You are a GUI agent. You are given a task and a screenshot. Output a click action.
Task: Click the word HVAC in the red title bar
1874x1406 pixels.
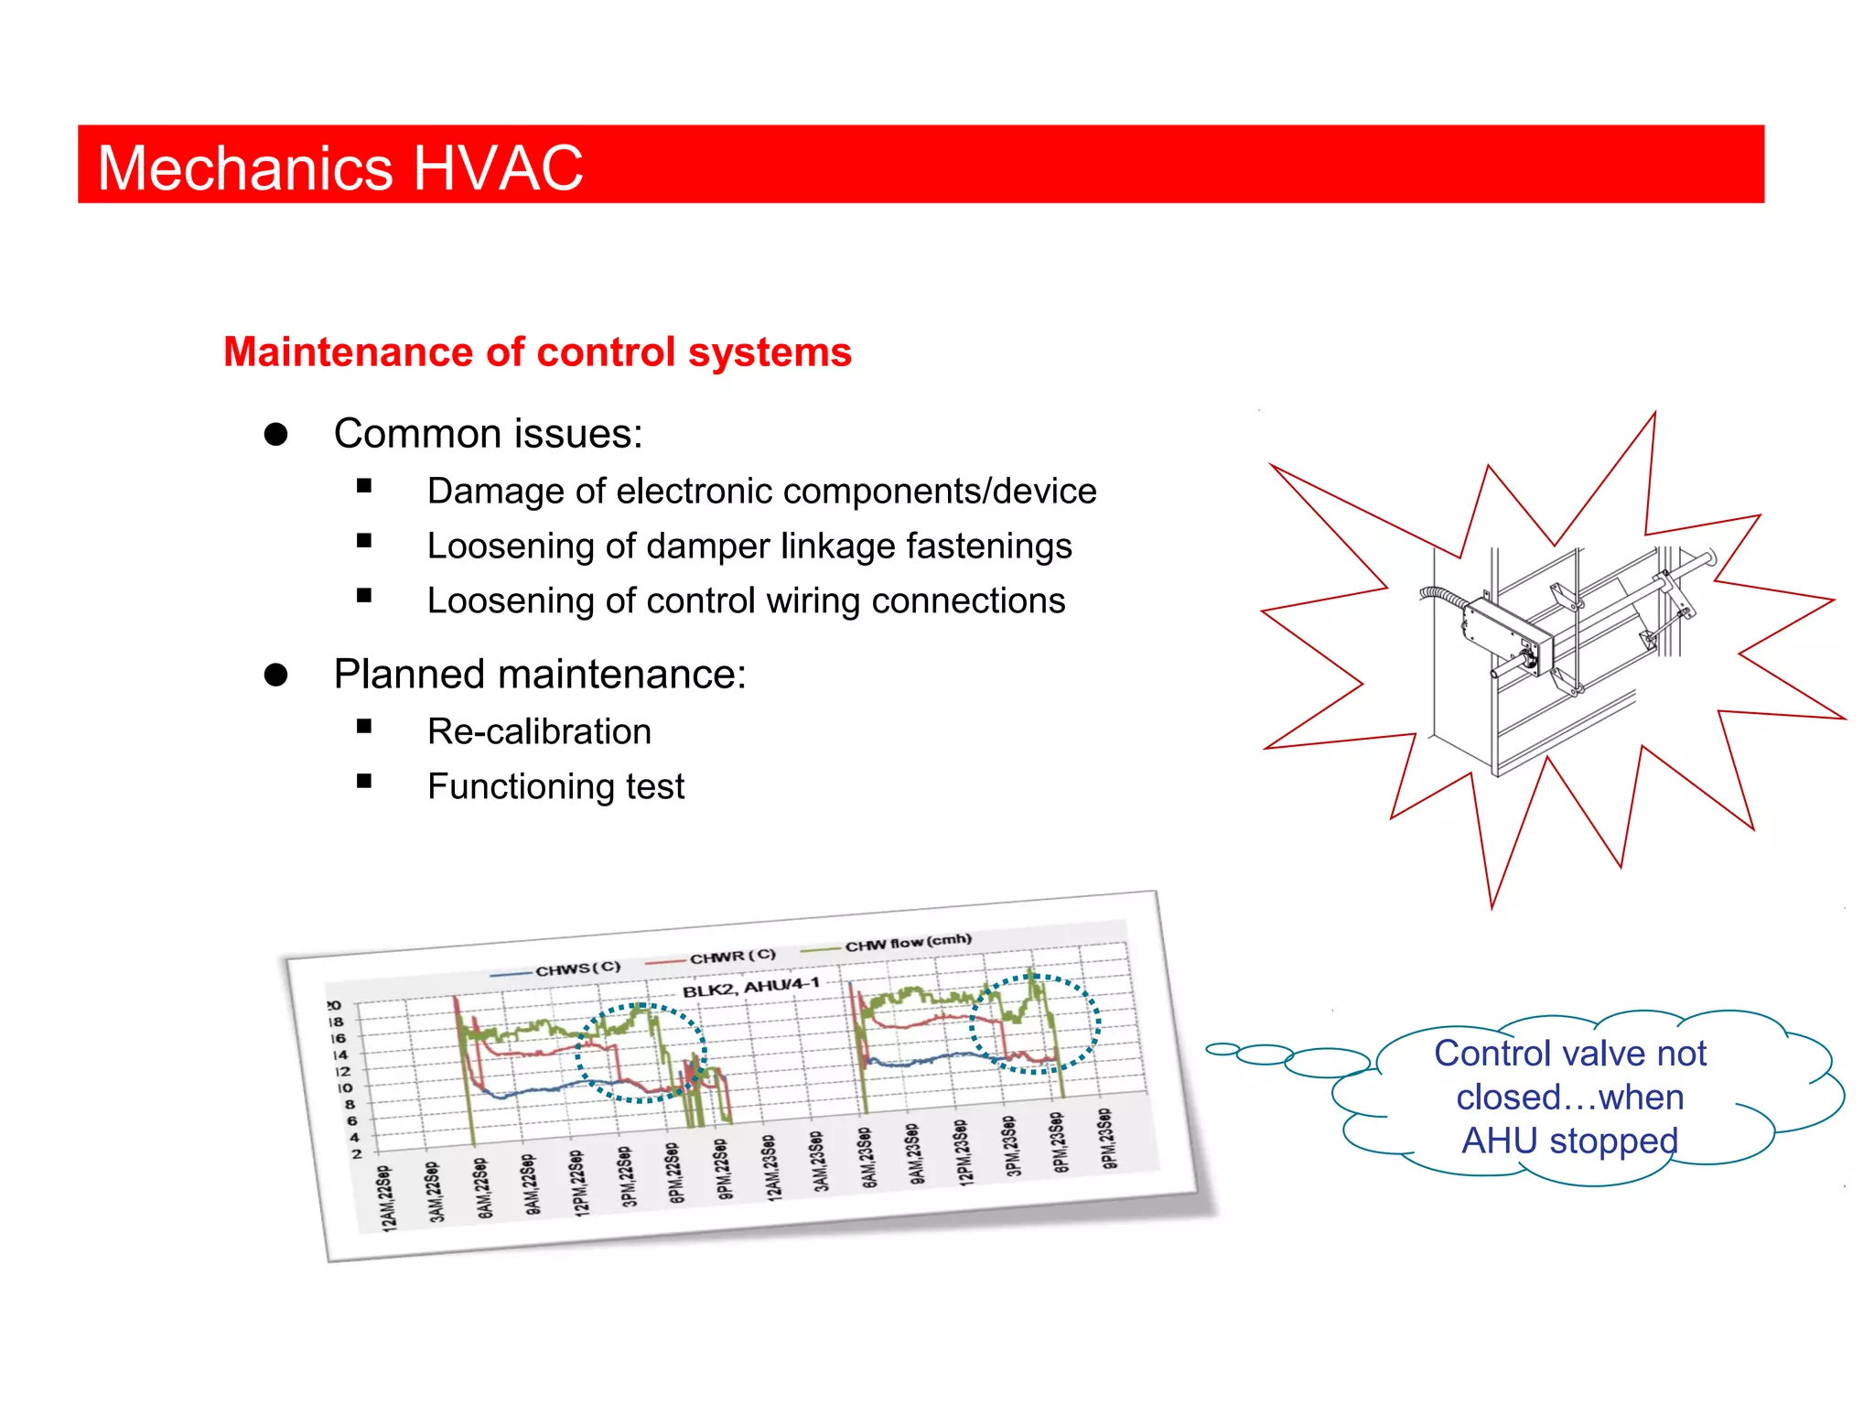[498, 168]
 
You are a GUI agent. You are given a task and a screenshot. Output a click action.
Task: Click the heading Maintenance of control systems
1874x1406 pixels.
[537, 352]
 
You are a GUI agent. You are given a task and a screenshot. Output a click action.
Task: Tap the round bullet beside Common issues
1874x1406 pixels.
[275, 434]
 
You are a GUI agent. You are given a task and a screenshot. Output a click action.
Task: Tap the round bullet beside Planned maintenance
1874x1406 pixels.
[275, 675]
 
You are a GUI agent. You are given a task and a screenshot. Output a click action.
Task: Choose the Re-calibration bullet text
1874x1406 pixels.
[539, 732]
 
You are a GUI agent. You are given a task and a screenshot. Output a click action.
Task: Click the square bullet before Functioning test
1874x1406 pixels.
[364, 782]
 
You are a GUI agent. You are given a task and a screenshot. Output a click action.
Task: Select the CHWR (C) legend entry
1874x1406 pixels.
[732, 957]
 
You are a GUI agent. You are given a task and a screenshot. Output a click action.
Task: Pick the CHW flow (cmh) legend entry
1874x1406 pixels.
[907, 943]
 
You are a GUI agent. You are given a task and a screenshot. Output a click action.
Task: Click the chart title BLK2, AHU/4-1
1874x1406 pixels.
[750, 988]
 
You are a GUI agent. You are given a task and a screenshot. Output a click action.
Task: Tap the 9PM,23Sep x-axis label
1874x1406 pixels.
[1107, 1139]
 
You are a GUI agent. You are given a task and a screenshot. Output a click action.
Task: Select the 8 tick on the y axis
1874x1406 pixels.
[350, 1104]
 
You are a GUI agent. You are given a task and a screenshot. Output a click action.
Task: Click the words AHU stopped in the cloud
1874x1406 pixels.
[1569, 1141]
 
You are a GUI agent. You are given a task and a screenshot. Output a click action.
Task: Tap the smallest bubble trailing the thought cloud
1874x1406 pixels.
[1222, 1049]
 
